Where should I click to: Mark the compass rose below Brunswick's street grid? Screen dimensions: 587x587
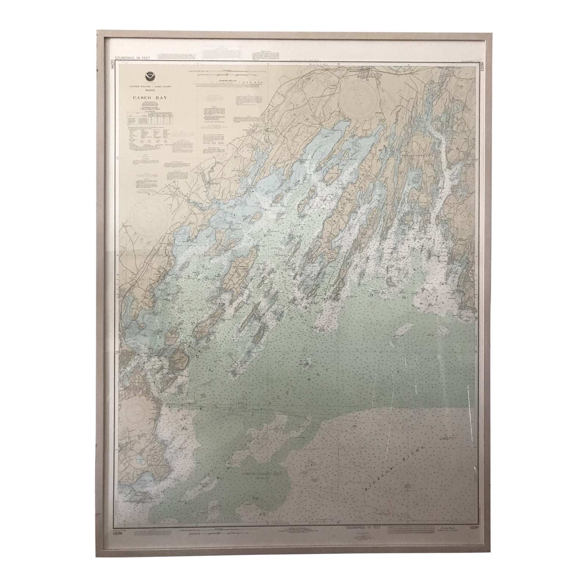pyautogui.click(x=356, y=97)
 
